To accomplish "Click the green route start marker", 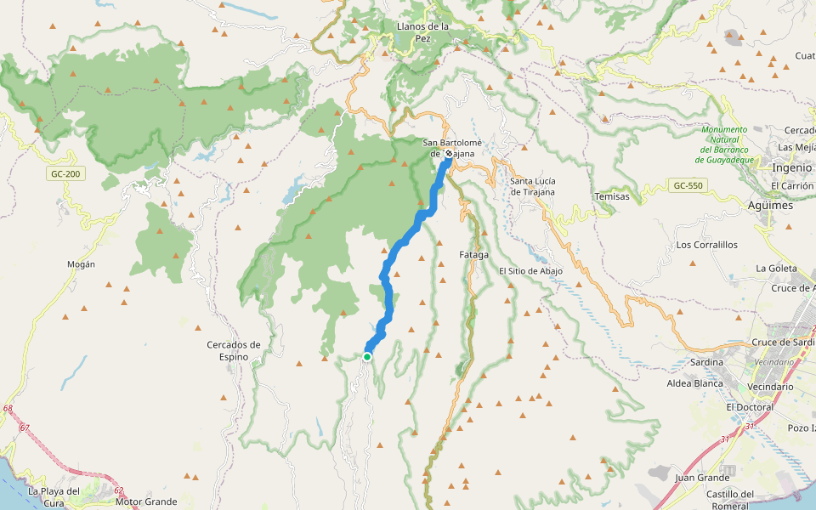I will [366, 357].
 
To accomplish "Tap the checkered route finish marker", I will [448, 155].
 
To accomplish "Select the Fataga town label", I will [473, 254].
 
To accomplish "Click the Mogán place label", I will [81, 264].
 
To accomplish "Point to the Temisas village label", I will [612, 196].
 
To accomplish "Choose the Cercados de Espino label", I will [234, 350].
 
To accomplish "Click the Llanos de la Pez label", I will [422, 32].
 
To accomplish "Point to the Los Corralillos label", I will [706, 245].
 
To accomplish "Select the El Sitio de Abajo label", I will [530, 271].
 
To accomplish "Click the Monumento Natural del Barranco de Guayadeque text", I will [724, 144].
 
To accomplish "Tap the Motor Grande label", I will [146, 501].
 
